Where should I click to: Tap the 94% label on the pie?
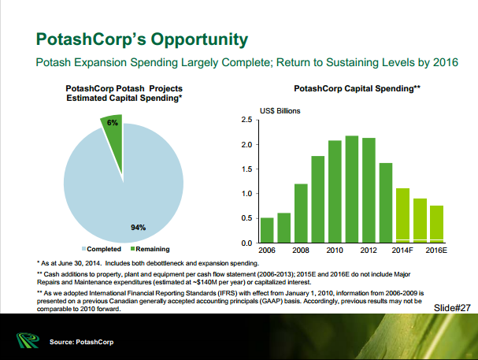[x=139, y=228]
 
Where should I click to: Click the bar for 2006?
[x=267, y=230]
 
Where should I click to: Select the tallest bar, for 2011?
[x=352, y=189]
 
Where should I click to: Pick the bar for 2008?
[x=301, y=213]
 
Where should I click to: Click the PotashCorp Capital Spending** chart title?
[x=357, y=91]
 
